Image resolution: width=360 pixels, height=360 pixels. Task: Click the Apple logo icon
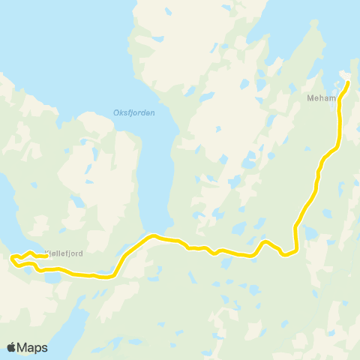click(11, 347)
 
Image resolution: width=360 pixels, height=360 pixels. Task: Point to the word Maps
click(32, 347)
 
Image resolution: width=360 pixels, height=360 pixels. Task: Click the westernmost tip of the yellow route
click(11, 259)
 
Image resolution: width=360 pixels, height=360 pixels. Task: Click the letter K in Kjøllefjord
click(47, 253)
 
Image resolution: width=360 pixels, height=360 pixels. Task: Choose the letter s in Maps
click(44, 347)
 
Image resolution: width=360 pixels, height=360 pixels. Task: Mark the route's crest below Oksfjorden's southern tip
click(154, 236)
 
